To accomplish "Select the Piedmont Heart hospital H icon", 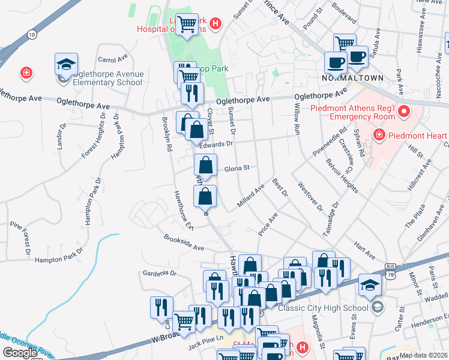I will point(379,134).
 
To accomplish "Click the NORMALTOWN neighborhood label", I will point(344,78).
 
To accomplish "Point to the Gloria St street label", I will point(237,169).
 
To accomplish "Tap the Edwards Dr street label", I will point(216,144).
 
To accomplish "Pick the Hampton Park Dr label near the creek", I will point(58,259).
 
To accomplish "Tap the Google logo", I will point(19,353).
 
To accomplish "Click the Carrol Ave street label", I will point(113,59).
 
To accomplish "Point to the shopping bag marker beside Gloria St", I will point(205,166).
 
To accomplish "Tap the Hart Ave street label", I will point(364,247).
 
